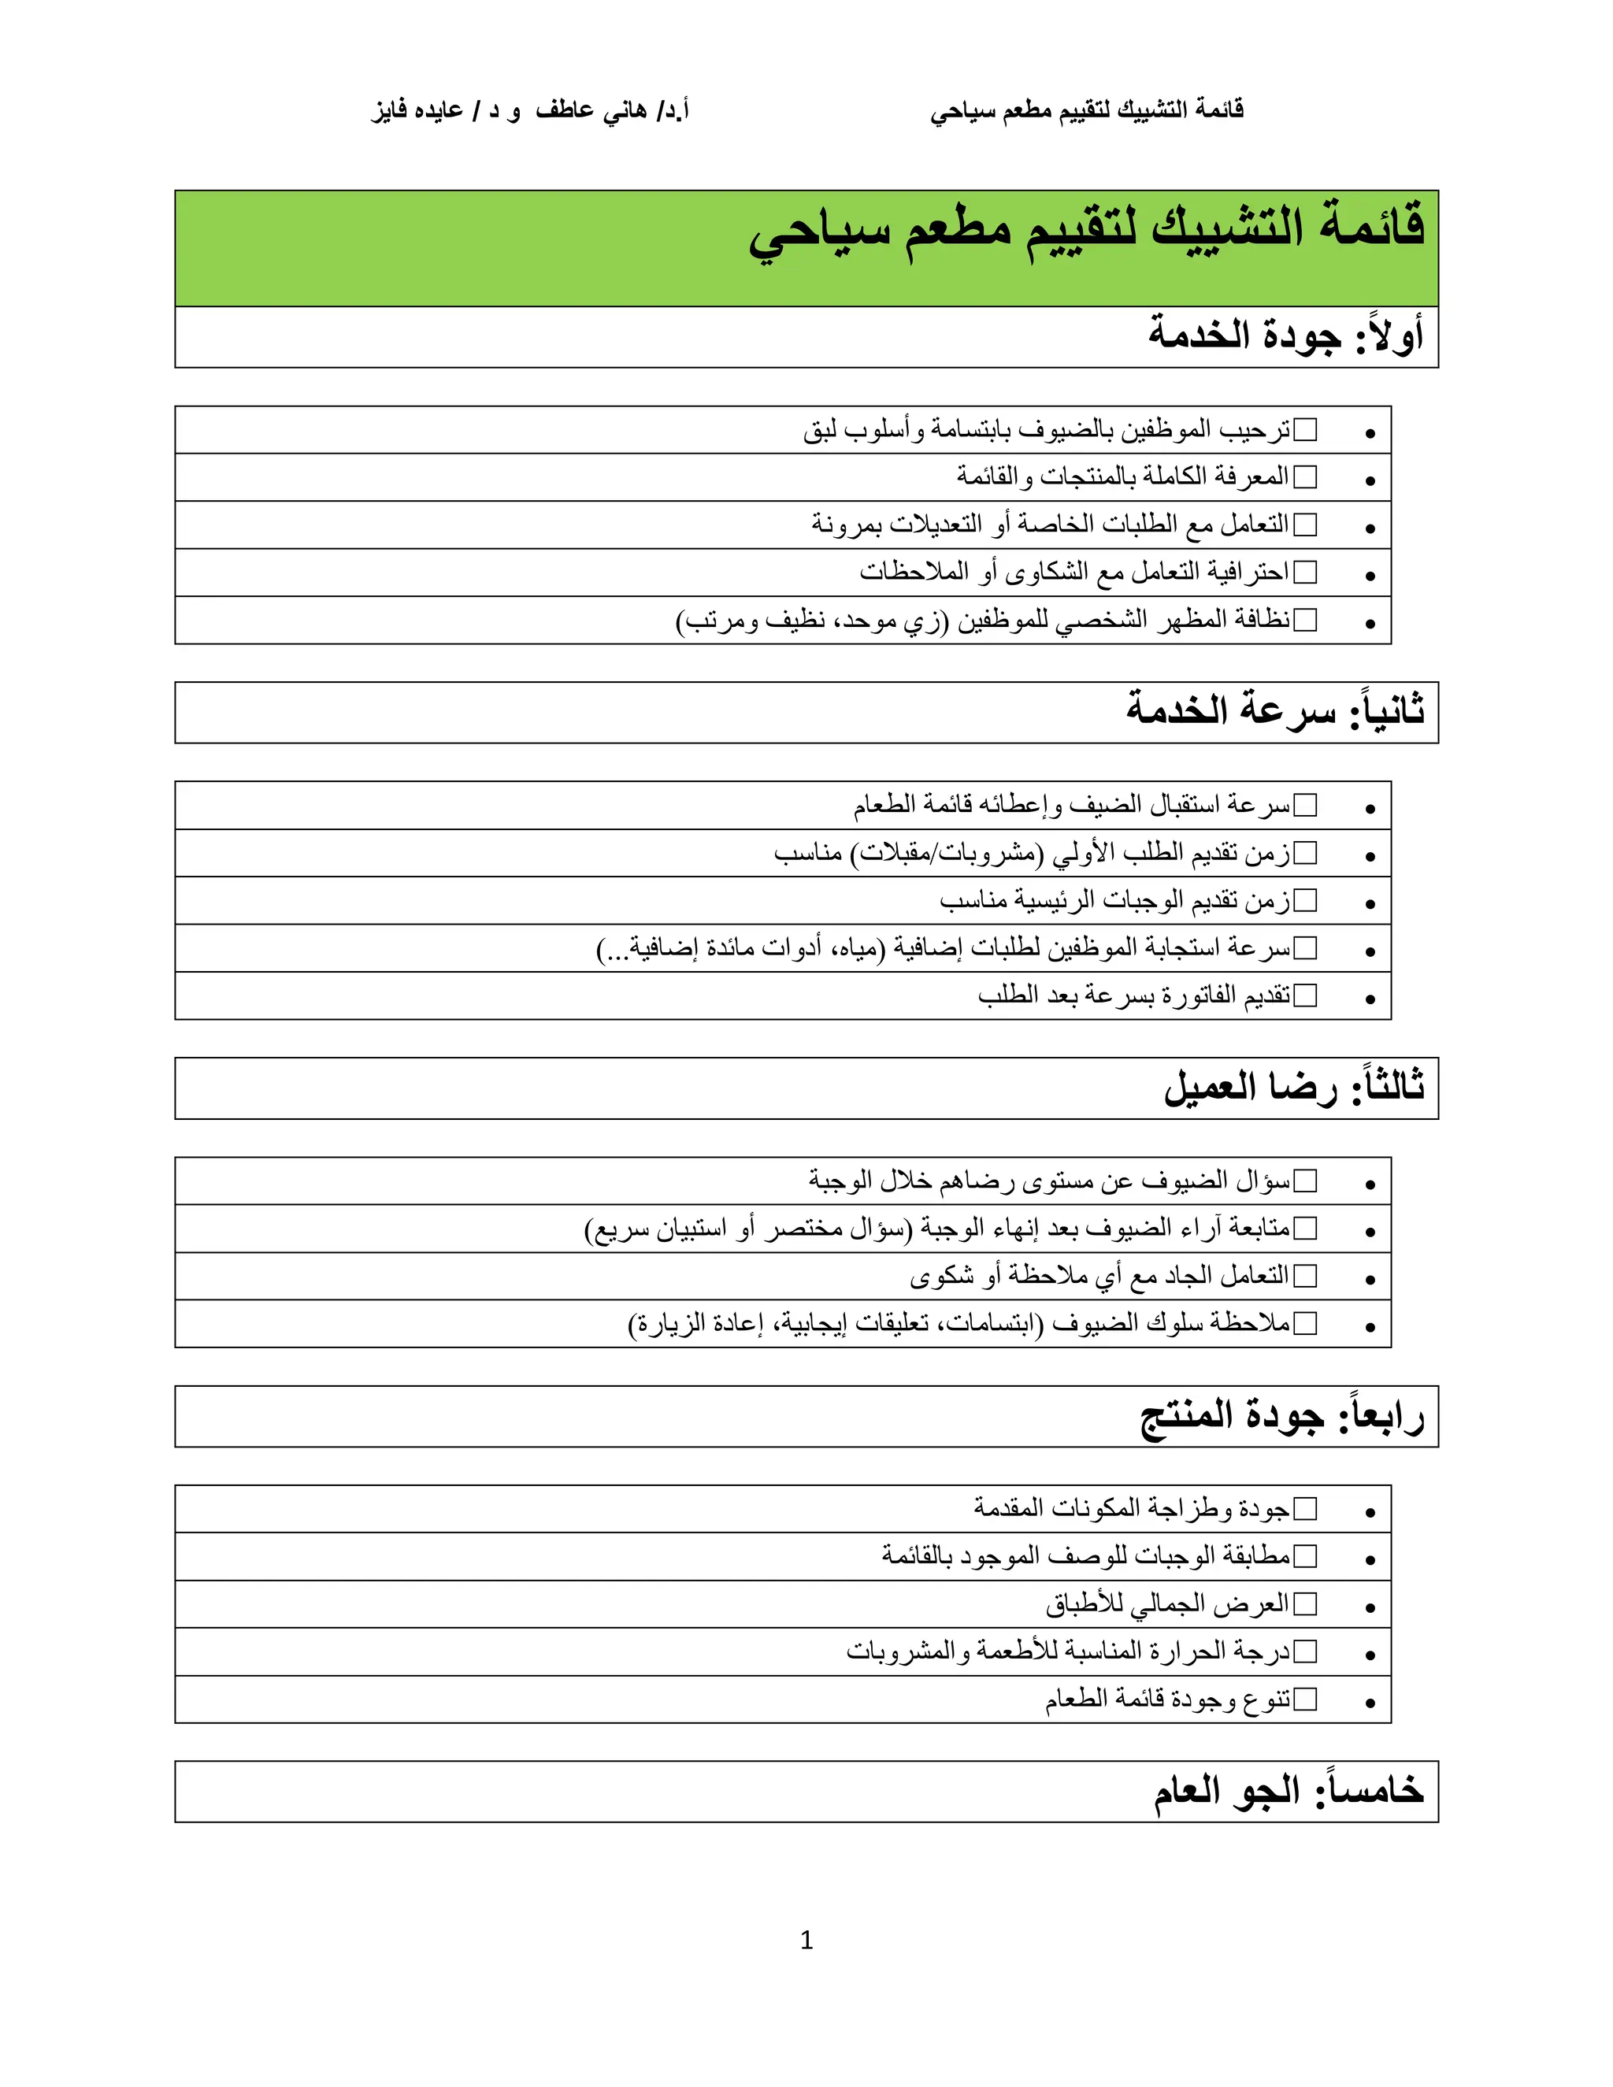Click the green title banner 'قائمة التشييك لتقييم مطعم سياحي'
pyautogui.click(x=1085, y=232)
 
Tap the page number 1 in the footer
pyautogui.click(x=806, y=1940)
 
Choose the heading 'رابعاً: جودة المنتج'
pyautogui.click(x=1281, y=1416)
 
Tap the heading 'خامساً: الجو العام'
pyautogui.click(x=1287, y=1792)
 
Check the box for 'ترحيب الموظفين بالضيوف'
pyautogui.click(x=1304, y=430)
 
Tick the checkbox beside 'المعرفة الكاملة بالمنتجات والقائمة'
pyautogui.click(x=1304, y=476)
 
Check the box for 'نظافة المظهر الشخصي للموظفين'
pyautogui.click(x=1304, y=620)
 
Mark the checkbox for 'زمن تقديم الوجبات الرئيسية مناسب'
pyautogui.click(x=1304, y=900)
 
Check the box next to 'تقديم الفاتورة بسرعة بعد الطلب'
pyautogui.click(x=1304, y=995)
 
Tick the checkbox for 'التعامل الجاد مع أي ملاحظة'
pyautogui.click(x=1304, y=1276)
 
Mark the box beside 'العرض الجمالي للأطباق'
pyautogui.click(x=1304, y=1604)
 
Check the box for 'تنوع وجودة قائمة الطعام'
pyautogui.click(x=1304, y=1699)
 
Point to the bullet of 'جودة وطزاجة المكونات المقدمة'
pyautogui.click(x=1370, y=1513)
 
